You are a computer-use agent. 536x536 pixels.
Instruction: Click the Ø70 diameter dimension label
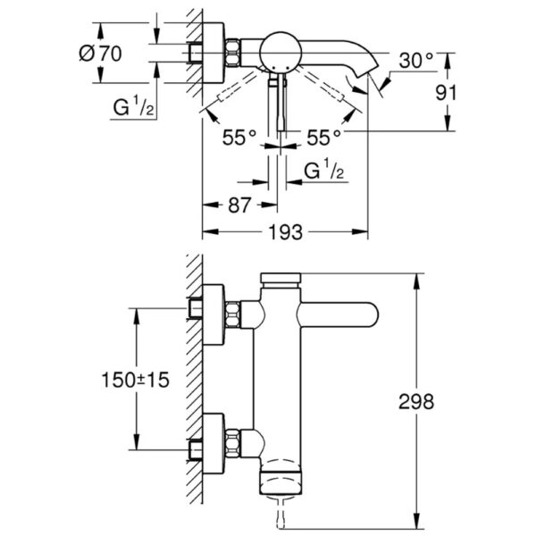tap(100, 54)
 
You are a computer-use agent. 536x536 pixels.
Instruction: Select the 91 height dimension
tap(446, 93)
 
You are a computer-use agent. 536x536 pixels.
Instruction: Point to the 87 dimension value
tap(239, 205)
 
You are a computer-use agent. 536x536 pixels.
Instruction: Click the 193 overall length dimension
tap(286, 232)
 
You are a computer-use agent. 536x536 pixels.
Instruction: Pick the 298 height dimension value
tap(416, 401)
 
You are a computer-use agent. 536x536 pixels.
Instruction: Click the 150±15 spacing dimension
tap(136, 380)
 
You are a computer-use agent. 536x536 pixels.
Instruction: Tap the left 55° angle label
tap(239, 138)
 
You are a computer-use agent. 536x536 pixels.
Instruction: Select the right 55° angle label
tap(323, 138)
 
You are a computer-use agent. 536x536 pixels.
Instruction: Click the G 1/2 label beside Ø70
tap(134, 106)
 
